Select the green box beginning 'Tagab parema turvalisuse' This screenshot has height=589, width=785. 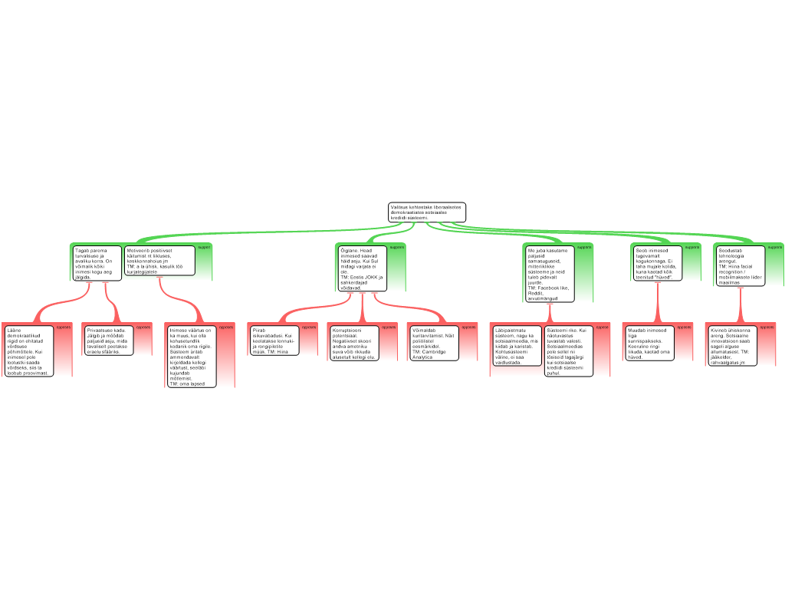coord(97,263)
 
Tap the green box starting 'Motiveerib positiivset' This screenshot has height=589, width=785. coord(159,261)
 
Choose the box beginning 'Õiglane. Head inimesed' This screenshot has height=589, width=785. coord(363,268)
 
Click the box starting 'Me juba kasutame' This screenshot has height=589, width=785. coord(549,275)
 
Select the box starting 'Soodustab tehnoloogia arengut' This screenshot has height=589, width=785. coord(741,265)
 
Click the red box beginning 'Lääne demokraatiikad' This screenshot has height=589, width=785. coord(28,351)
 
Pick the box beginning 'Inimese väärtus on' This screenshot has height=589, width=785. coord(191,356)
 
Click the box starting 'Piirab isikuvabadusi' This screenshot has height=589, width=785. coord(274,342)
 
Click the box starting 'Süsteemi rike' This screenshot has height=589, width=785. coord(567,350)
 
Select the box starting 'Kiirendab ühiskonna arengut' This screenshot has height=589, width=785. coord(731,345)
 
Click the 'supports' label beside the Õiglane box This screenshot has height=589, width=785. coord(396,248)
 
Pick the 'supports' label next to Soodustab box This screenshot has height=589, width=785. coord(775,248)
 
